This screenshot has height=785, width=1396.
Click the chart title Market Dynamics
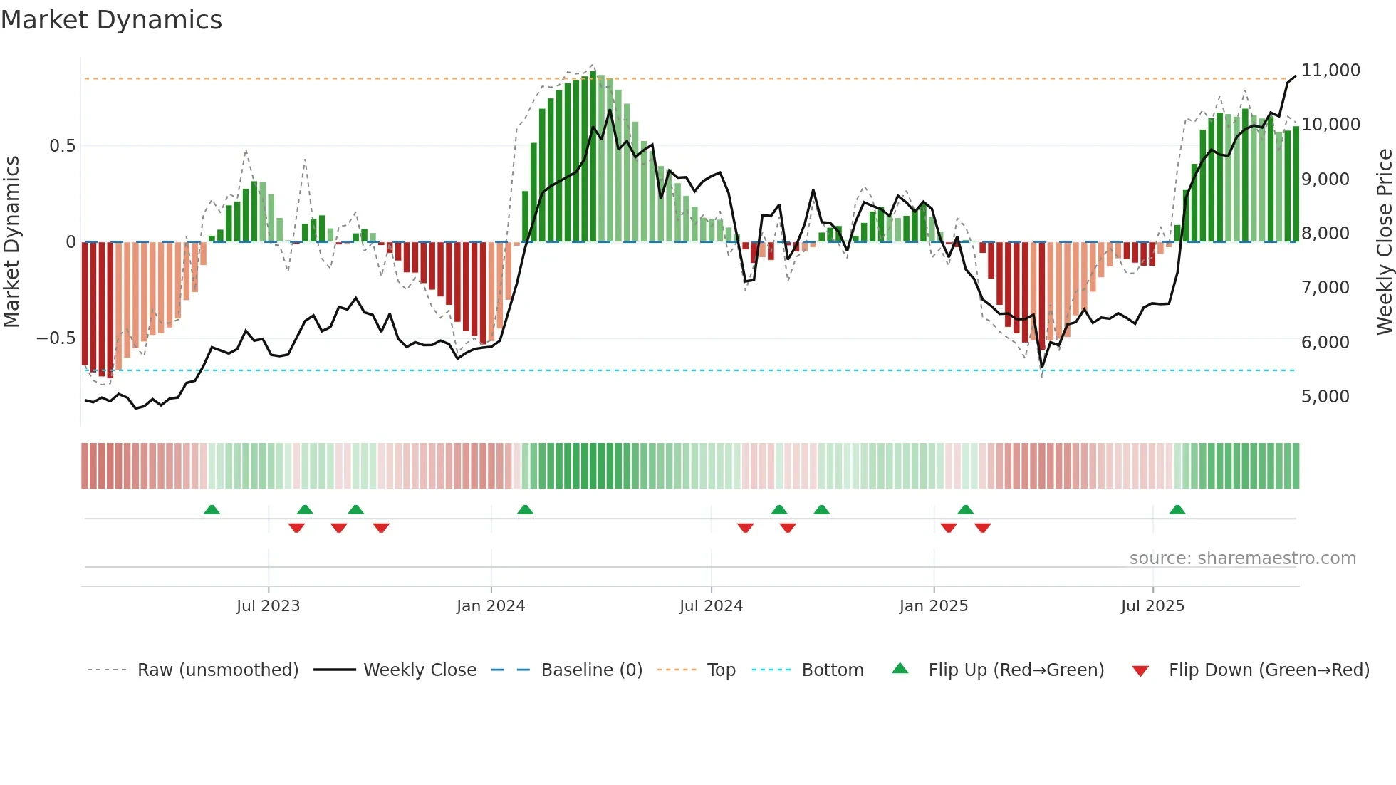(x=111, y=20)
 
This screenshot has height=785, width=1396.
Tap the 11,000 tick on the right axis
(x=1330, y=71)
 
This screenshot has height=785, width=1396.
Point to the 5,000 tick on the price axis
(x=1325, y=397)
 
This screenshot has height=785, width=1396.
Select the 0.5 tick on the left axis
(x=62, y=146)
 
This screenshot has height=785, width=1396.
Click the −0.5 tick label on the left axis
(x=56, y=338)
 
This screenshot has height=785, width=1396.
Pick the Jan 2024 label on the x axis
(x=491, y=606)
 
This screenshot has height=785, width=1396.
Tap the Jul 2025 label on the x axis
(x=1152, y=606)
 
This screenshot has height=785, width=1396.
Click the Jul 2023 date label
(x=268, y=606)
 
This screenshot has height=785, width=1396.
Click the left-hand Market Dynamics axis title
(x=11, y=242)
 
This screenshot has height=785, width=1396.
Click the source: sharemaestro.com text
(x=1242, y=558)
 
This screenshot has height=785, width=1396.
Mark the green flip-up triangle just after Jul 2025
(x=1177, y=510)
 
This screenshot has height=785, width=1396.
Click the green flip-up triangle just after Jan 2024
(x=525, y=510)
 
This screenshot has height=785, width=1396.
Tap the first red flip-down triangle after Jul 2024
(x=745, y=528)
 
